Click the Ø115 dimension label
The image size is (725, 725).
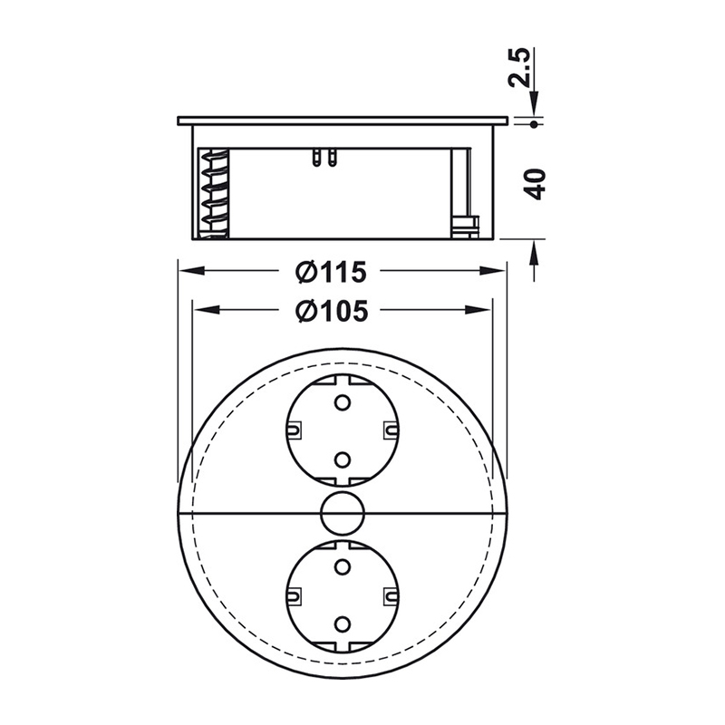pyautogui.click(x=331, y=272)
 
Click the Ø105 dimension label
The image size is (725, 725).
pyautogui.click(x=332, y=311)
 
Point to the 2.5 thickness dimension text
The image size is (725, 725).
pyautogui.click(x=519, y=67)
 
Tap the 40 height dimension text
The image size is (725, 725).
pyautogui.click(x=536, y=185)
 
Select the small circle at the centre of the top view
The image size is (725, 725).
pyautogui.click(x=343, y=513)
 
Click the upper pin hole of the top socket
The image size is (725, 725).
pyautogui.click(x=343, y=402)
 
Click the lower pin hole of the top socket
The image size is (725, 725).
pyautogui.click(x=343, y=459)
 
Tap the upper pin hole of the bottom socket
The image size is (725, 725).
pyautogui.click(x=343, y=567)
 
